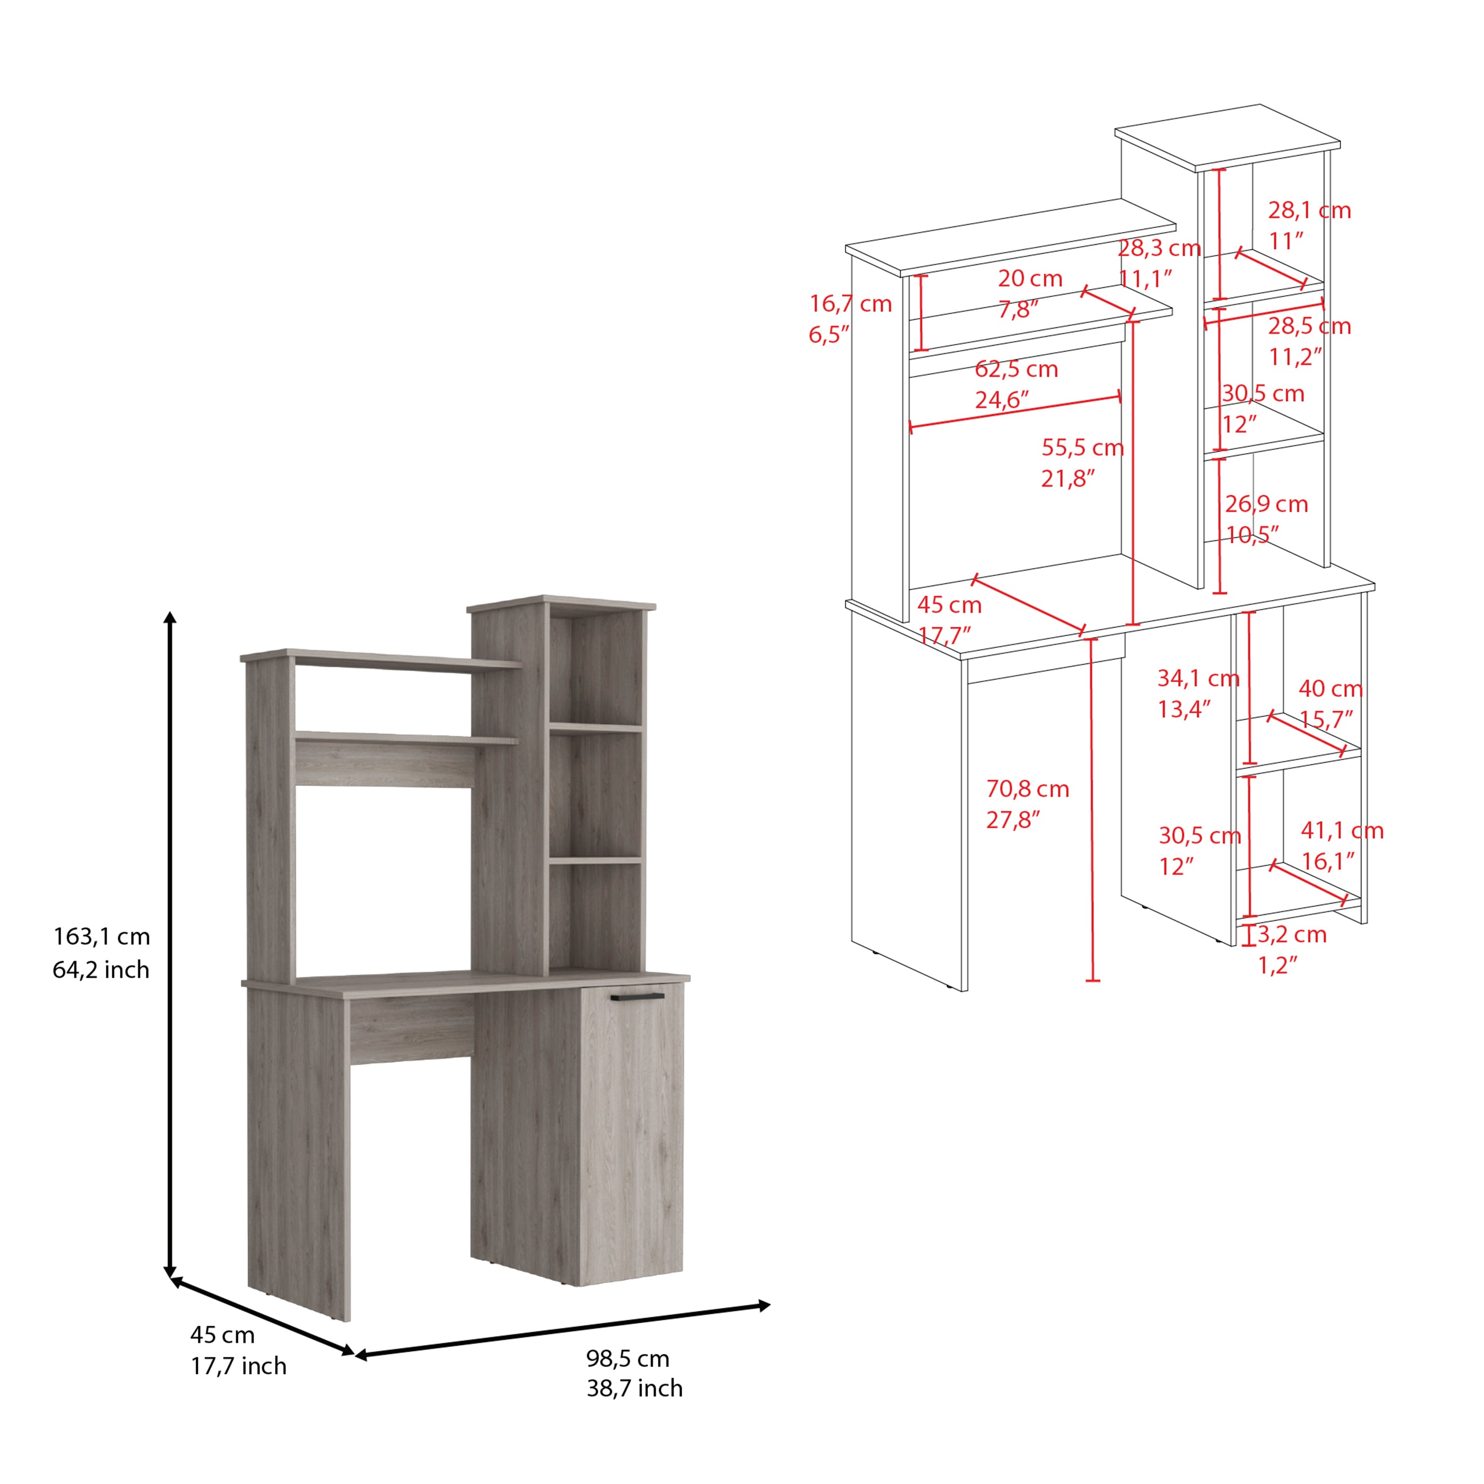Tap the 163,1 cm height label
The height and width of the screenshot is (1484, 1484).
[101, 936]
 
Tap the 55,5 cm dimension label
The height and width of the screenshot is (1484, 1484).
[1083, 447]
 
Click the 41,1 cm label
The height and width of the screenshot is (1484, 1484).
[1342, 831]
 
